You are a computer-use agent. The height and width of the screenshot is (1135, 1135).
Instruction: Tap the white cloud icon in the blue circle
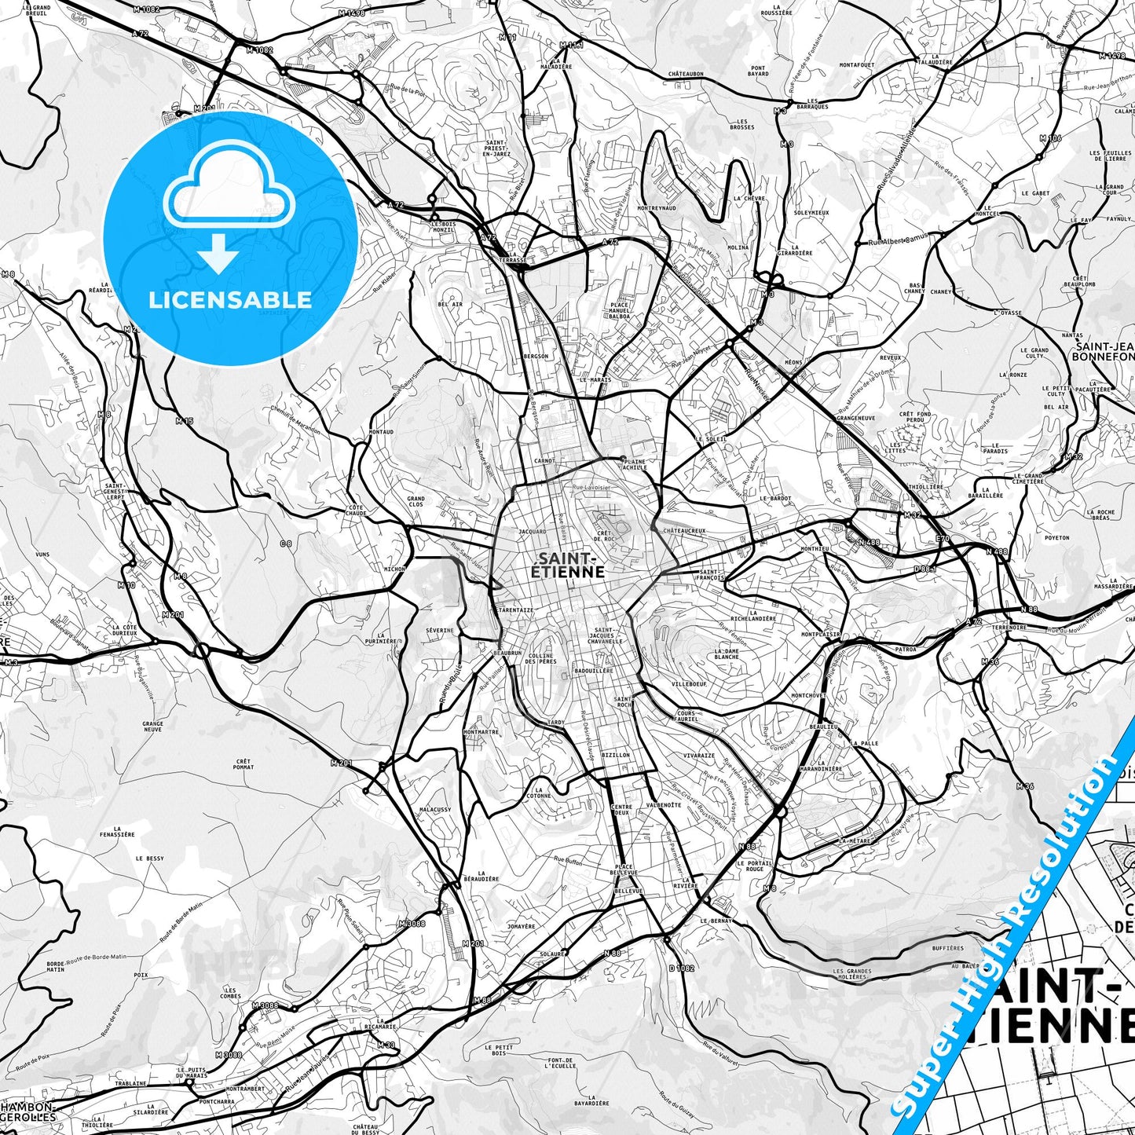coord(229,193)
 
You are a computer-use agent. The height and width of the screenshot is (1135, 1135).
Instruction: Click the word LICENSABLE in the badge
coord(230,299)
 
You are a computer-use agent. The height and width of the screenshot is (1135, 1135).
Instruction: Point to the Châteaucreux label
coord(685,531)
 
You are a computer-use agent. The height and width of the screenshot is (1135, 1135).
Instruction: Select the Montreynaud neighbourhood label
coord(657,208)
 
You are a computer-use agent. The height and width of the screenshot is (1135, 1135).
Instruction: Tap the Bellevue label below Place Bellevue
coord(628,891)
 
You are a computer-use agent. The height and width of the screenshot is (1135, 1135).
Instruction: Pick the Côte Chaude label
coord(356,511)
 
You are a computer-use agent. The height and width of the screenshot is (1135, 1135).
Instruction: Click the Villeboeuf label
coord(689,684)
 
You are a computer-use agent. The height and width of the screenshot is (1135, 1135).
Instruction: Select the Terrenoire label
coord(1009,628)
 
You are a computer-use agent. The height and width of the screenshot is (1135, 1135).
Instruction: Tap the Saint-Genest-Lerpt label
coord(115,492)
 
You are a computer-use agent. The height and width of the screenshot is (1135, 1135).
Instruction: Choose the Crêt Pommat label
coord(243,764)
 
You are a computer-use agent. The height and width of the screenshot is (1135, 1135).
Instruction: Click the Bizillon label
coord(615,755)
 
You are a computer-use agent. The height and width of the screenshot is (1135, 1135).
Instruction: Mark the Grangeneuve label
coord(856,419)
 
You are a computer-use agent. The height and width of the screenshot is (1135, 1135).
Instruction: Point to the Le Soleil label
coord(711,439)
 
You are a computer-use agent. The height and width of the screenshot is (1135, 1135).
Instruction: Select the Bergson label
coord(536,357)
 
